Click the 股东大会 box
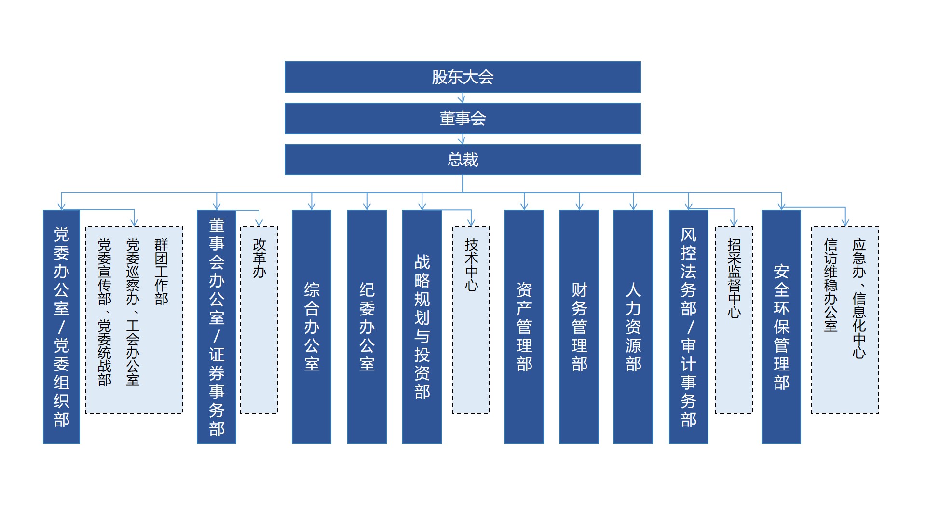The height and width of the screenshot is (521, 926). [463, 77]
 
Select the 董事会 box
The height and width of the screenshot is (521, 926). [463, 118]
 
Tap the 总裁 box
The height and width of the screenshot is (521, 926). [463, 160]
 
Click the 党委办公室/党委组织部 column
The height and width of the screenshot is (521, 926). [61, 327]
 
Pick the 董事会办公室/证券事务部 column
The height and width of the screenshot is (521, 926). [217, 327]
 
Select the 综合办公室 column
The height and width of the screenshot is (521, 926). [312, 327]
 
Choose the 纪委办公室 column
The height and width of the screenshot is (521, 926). [367, 327]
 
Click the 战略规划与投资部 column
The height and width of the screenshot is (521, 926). [422, 327]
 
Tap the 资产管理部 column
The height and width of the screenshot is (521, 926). [524, 327]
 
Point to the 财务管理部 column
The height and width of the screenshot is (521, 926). [579, 327]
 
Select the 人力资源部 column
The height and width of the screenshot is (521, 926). [633, 327]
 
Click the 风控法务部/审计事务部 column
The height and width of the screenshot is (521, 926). [689, 327]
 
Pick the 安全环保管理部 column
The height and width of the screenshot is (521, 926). [781, 327]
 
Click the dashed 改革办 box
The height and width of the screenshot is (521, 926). [259, 320]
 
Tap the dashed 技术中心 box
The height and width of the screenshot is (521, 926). [471, 320]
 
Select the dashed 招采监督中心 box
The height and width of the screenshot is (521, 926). [734, 320]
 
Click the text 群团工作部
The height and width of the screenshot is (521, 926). [161, 272]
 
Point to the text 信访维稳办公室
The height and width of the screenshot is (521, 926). [831, 285]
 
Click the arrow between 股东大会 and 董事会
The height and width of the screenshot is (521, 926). [462, 98]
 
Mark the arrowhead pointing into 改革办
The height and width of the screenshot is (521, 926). [259, 223]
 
